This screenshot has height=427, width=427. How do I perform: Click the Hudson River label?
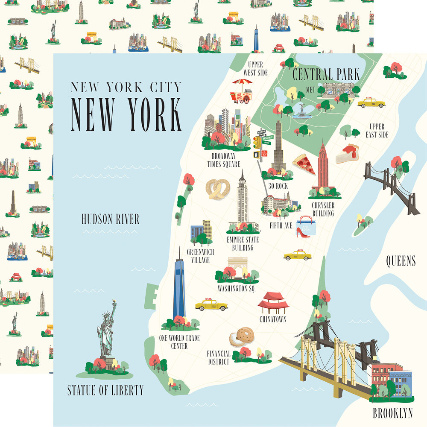coord(110,219)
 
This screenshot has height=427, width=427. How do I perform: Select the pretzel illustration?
coord(218,189)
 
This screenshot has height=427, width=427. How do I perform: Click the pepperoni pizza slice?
coord(304,164)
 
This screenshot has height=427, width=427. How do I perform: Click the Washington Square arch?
coord(238,267)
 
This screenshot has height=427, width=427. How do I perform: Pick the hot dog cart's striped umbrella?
coord(243,83)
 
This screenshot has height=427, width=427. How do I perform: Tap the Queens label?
coord(401,260)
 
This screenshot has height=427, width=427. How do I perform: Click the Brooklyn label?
coord(392,413)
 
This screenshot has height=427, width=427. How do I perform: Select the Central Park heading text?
coord(326,74)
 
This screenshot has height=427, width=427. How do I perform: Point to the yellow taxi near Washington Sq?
coord(211,305)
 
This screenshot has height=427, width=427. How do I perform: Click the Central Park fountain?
coord(301,111)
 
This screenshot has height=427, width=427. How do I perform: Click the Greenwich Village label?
coord(200,256)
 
